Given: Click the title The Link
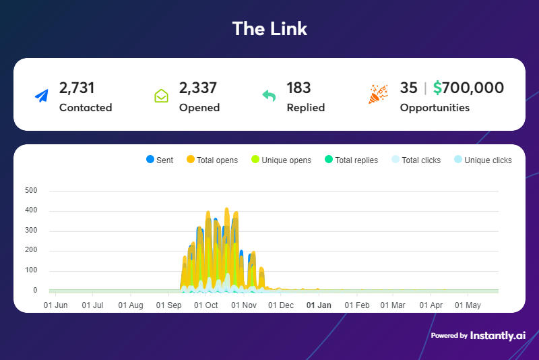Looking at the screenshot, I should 269,28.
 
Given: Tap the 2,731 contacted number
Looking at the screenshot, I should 77,88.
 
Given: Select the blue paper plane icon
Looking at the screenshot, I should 42,96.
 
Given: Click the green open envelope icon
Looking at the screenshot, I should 161,96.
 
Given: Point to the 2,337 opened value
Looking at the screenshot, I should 198,88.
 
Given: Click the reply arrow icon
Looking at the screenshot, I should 269,96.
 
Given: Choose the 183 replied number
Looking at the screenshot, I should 298,88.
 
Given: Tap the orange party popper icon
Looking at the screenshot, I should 377,94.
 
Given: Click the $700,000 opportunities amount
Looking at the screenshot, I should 468,88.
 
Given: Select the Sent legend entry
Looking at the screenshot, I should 160,160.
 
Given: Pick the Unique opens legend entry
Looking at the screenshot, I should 282,160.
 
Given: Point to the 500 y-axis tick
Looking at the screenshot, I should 31,191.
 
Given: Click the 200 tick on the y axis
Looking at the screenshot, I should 31,251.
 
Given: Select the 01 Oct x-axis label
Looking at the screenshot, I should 205,305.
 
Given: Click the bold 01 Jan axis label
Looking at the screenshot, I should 319,305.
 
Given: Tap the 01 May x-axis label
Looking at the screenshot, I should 468,305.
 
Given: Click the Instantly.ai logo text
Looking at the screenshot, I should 498,335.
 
